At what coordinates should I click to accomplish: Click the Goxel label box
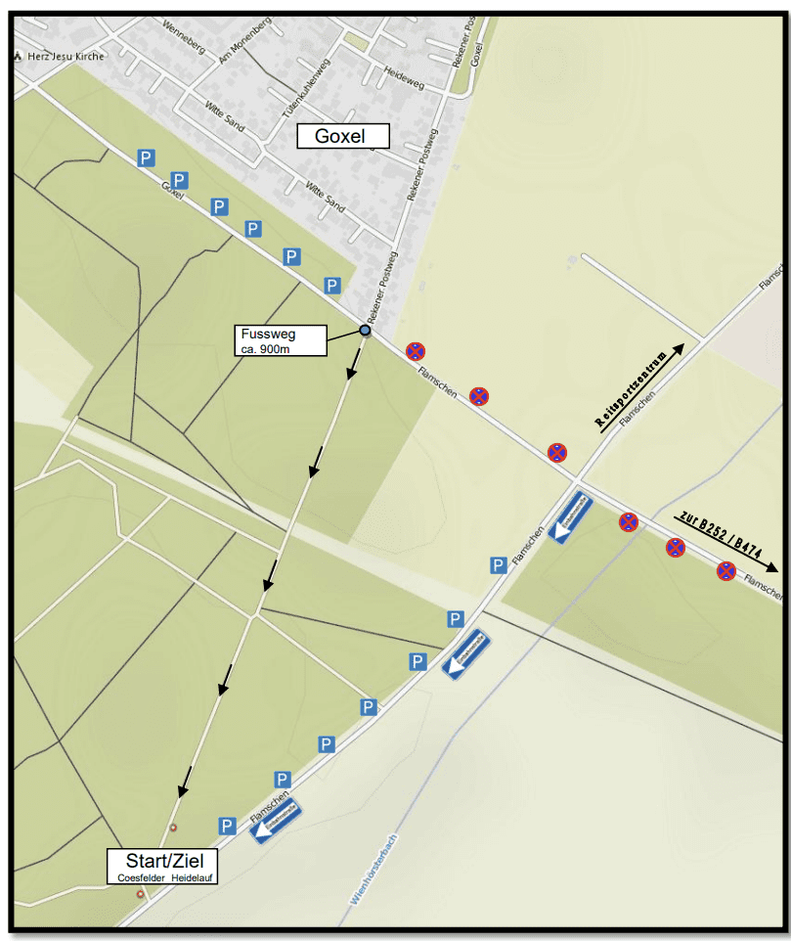coord(340,136)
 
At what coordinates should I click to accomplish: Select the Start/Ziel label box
coord(162,867)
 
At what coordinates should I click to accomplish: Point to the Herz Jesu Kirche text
coord(66,57)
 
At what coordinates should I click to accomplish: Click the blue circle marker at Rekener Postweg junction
coord(365,331)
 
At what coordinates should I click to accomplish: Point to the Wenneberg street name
coord(186,38)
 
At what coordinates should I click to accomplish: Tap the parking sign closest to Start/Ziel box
coord(227,827)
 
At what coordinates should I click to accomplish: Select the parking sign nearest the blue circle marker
coord(332,286)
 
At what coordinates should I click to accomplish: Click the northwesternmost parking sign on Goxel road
coord(146,157)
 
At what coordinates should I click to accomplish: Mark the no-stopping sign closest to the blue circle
coord(416,350)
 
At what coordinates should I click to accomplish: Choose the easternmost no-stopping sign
coord(725,570)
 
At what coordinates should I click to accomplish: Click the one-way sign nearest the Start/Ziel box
coord(277,820)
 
